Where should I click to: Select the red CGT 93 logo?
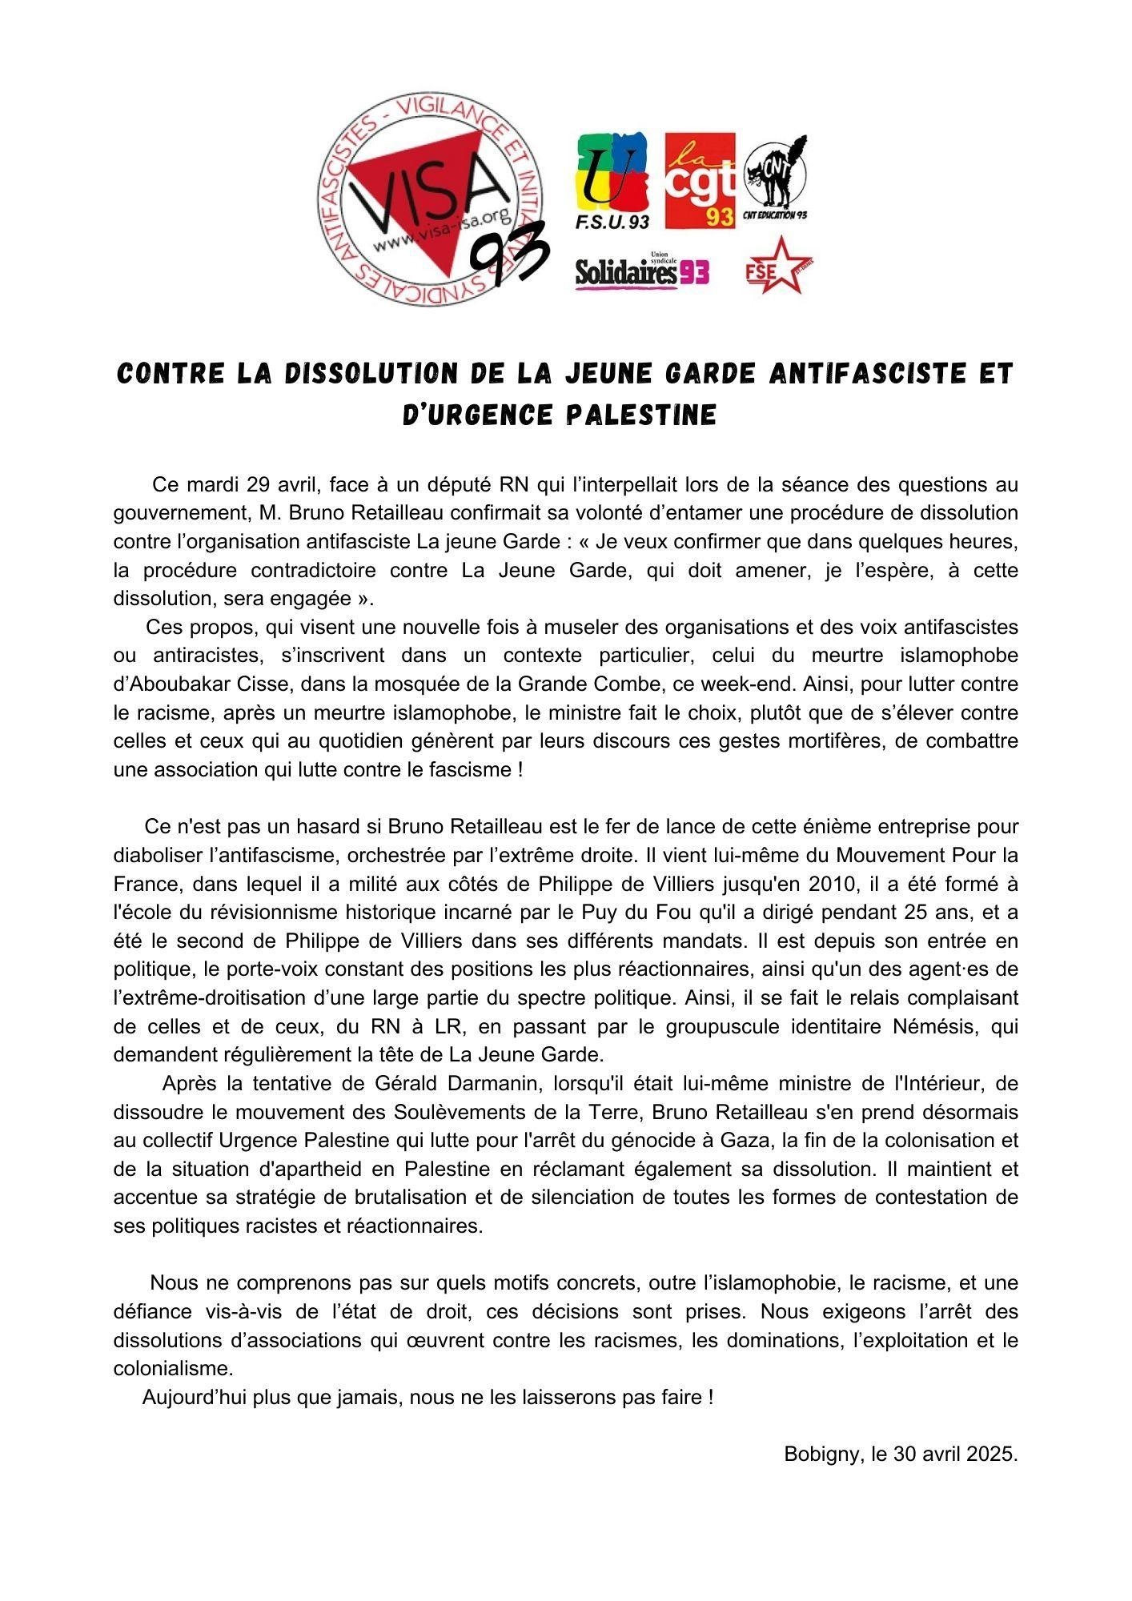tap(700, 181)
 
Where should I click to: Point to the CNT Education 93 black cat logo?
tap(776, 179)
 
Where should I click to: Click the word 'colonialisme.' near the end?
tap(173, 1368)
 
